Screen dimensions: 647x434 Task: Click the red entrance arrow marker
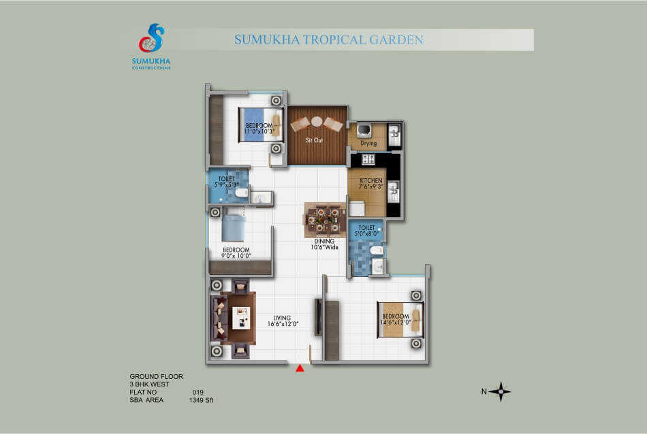click(x=300, y=368)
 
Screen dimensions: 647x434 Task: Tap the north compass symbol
click(x=501, y=392)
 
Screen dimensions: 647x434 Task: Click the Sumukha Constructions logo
click(x=151, y=46)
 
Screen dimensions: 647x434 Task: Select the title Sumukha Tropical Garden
click(x=329, y=39)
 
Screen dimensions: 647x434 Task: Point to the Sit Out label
click(x=314, y=140)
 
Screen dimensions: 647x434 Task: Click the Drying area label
click(x=368, y=144)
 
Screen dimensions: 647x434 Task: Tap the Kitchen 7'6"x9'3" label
click(x=371, y=184)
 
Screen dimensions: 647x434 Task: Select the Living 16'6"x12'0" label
click(x=283, y=320)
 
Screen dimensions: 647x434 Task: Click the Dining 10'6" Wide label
click(x=324, y=244)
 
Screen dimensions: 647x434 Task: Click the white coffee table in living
click(x=241, y=318)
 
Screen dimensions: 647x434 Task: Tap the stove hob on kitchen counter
click(x=368, y=159)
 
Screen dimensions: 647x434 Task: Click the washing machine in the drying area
click(x=364, y=130)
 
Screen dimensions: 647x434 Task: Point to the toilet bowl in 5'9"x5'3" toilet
click(x=242, y=193)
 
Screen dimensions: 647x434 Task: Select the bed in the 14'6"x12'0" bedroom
click(x=400, y=320)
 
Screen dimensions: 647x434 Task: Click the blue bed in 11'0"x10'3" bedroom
click(x=260, y=125)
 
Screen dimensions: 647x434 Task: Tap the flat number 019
click(x=198, y=392)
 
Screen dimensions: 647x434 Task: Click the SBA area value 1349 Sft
click(x=201, y=400)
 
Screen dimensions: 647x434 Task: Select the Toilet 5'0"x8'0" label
click(x=366, y=231)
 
